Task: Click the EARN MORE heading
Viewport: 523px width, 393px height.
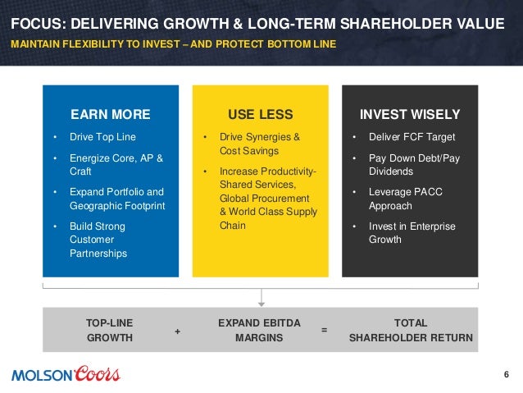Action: point(111,114)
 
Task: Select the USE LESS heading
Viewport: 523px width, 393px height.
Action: point(260,114)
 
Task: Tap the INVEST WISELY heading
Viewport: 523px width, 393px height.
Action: point(410,114)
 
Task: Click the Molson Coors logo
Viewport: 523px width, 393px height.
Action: point(66,375)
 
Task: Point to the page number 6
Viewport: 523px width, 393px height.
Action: point(506,376)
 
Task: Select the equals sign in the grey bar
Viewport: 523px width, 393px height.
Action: point(325,330)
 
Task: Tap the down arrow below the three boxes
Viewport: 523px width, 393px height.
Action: point(261,298)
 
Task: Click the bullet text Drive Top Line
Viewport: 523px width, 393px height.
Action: point(102,137)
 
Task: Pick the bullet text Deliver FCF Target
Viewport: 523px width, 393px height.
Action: point(412,137)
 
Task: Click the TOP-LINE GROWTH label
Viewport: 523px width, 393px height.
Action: point(110,330)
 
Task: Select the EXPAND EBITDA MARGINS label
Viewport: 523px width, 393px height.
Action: point(251,330)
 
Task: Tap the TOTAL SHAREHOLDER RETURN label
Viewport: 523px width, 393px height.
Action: point(411,330)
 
